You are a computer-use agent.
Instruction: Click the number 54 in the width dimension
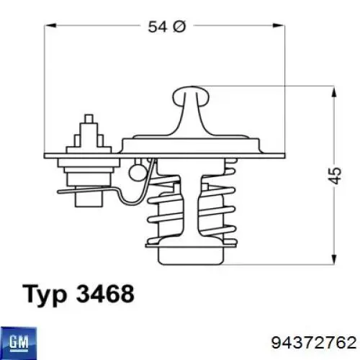(x=157, y=27)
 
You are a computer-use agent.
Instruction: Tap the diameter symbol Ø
(x=177, y=27)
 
